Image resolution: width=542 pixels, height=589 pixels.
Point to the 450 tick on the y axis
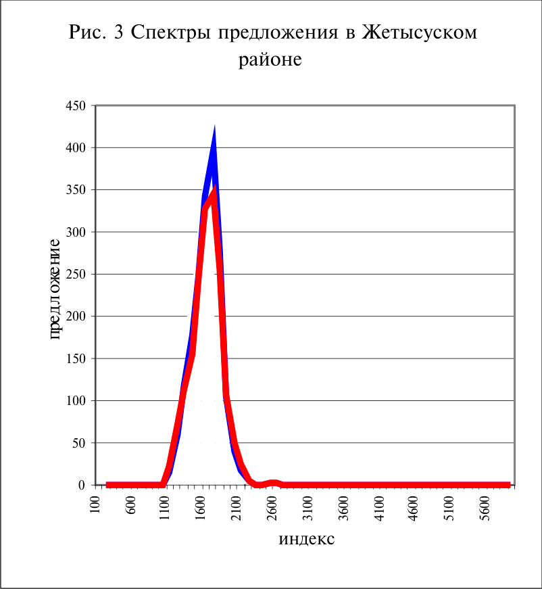[x=76, y=105]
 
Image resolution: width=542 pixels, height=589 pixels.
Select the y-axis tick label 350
[x=76, y=190]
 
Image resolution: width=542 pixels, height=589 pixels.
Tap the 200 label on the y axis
[x=76, y=316]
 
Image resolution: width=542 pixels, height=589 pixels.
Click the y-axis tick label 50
[x=79, y=443]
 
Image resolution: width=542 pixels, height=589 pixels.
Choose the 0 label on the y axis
[x=82, y=485]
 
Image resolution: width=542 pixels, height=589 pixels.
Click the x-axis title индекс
[x=307, y=539]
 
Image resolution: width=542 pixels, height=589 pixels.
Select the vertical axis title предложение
[x=55, y=289]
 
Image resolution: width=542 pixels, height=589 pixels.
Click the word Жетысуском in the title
[x=419, y=32]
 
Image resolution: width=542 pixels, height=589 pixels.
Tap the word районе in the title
[x=270, y=60]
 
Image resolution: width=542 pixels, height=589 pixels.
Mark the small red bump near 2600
[x=273, y=483]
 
